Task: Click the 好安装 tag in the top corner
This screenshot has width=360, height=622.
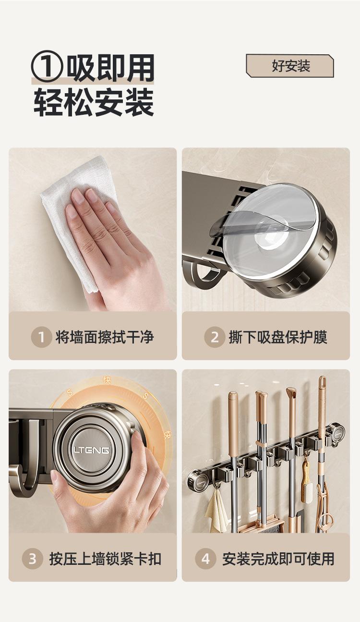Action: coord(290,66)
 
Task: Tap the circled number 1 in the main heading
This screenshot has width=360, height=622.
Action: coord(47,66)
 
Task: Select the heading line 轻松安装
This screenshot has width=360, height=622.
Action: coord(94,102)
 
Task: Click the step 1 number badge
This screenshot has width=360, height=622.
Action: coord(41,337)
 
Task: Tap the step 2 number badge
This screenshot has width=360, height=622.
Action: coord(215,337)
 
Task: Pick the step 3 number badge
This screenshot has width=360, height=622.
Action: coord(33,559)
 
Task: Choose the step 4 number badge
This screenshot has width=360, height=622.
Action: coord(205,559)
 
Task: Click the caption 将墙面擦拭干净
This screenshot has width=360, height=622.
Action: coord(105,337)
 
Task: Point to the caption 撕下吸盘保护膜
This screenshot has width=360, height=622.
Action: coord(278,337)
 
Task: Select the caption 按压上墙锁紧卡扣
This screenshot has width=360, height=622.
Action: coord(105,559)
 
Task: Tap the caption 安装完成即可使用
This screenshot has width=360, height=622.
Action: coord(278,559)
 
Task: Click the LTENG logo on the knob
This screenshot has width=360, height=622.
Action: coord(92,450)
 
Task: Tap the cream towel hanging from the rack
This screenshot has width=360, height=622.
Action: coord(216,508)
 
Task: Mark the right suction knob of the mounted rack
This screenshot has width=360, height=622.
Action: coord(336,434)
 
